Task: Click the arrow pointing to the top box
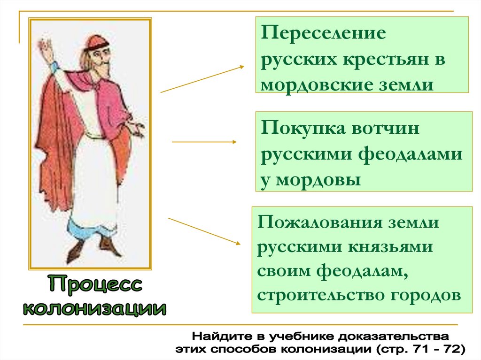point(202,79)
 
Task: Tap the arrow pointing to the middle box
point(205,141)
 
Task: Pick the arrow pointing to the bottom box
point(204,230)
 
